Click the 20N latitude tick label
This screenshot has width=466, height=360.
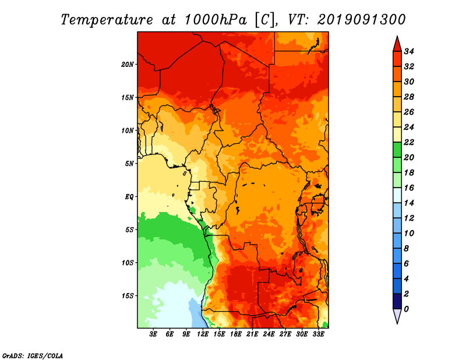pyautogui.click(x=127, y=65)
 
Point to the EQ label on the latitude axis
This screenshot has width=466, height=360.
pyautogui.click(x=129, y=197)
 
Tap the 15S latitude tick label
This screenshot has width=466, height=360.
pyautogui.click(x=127, y=296)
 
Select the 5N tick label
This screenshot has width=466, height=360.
pyautogui.click(x=129, y=164)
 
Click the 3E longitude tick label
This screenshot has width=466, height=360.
pyautogui.click(x=153, y=334)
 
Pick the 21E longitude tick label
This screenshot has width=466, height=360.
pyautogui.click(x=252, y=334)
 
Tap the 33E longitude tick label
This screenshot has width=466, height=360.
pyautogui.click(x=318, y=334)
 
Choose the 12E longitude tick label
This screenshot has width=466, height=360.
pyautogui.click(x=203, y=334)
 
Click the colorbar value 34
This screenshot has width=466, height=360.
pyautogui.click(x=409, y=51)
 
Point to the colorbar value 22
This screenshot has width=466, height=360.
pyautogui.click(x=409, y=142)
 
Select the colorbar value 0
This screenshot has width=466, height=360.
pyautogui.click(x=406, y=309)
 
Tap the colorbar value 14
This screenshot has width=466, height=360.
pyautogui.click(x=409, y=203)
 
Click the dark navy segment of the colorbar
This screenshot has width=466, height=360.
pyautogui.click(x=397, y=301)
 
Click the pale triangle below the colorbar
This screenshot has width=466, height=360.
pyautogui.click(x=397, y=315)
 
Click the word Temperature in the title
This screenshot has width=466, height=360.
pyautogui.click(x=107, y=20)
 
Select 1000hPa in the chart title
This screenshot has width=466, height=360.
pyautogui.click(x=216, y=20)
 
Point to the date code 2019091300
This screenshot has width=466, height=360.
pyautogui.click(x=361, y=20)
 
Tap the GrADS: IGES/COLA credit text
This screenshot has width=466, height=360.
pyautogui.click(x=33, y=355)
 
